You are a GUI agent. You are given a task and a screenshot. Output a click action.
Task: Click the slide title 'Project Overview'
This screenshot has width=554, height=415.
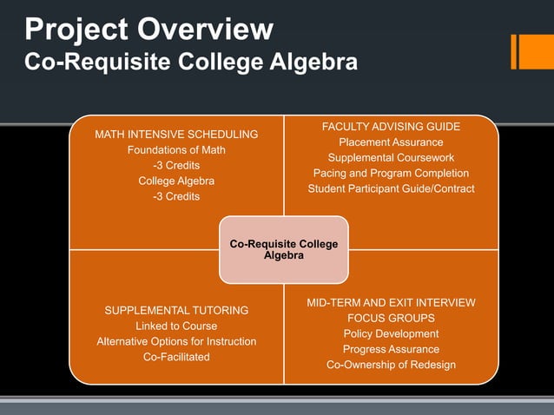(x=148, y=30)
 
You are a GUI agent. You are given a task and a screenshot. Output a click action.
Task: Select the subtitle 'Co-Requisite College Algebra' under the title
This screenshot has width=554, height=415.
(x=190, y=63)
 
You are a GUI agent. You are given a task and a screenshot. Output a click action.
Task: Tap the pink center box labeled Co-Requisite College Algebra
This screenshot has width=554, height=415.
(x=284, y=250)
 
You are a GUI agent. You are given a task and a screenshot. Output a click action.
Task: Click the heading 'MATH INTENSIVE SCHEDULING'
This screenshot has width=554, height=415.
(x=176, y=135)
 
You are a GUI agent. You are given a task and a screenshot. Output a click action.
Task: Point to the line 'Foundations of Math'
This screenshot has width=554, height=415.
(x=176, y=150)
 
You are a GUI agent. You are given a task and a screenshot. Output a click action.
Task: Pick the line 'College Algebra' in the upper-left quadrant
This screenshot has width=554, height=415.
(x=176, y=181)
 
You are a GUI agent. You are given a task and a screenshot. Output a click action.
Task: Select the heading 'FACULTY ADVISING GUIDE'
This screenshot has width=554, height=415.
(x=391, y=127)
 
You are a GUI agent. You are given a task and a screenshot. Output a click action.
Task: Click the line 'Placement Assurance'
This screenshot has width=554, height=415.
(x=391, y=142)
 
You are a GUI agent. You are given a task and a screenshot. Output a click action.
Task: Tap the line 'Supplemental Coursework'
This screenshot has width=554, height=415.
(x=391, y=158)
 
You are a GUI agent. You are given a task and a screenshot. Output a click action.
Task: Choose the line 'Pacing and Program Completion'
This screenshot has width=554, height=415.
(x=391, y=174)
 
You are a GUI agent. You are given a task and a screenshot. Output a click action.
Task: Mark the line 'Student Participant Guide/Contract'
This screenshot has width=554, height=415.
(x=391, y=189)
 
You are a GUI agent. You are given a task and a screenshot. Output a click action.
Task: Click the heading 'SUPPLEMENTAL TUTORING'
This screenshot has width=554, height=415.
(x=176, y=310)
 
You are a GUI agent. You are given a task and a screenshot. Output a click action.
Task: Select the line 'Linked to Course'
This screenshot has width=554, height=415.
(x=176, y=326)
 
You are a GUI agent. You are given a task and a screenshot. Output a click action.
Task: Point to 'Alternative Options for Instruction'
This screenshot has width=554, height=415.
(x=176, y=341)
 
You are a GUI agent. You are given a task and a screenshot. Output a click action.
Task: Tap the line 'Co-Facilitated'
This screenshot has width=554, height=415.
(x=176, y=357)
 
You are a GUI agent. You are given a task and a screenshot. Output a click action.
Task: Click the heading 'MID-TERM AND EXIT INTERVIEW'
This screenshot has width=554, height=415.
(x=391, y=302)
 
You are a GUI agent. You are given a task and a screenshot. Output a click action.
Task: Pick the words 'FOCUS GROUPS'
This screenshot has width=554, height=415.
(x=391, y=318)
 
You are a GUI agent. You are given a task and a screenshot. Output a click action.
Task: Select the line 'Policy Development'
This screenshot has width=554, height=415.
(x=391, y=333)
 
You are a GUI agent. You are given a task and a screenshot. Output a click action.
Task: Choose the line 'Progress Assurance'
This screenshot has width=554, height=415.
(x=391, y=349)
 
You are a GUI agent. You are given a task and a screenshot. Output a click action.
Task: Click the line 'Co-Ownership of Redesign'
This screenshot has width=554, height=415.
(x=391, y=365)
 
